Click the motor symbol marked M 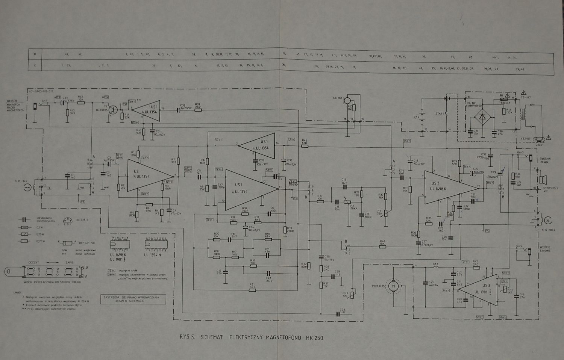(394, 286)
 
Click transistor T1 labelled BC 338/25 (113, 109)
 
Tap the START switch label (440, 113)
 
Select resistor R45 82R (305, 145)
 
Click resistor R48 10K (382, 246)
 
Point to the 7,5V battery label (416, 117)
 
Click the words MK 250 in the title (314, 337)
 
